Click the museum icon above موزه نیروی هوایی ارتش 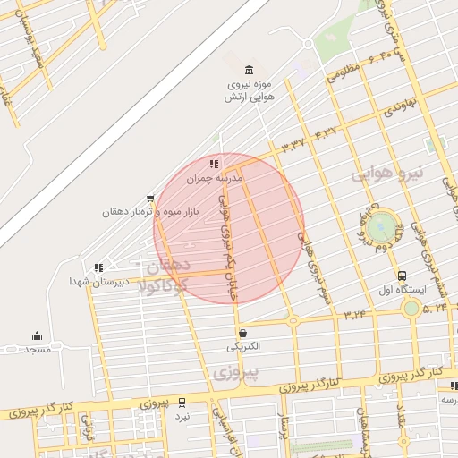[x=248, y=71]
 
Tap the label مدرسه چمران [x=215, y=179]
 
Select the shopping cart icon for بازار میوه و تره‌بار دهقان [x=150, y=199]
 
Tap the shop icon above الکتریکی [x=243, y=333]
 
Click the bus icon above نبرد [x=182, y=403]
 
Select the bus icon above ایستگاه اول [x=402, y=276]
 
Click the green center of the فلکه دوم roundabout [x=381, y=224]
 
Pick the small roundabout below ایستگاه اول [x=411, y=309]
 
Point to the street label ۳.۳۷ [x=293, y=143]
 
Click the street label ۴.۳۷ [x=327, y=131]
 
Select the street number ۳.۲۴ [x=354, y=313]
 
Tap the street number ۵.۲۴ [x=436, y=307]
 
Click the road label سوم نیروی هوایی [x=314, y=268]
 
